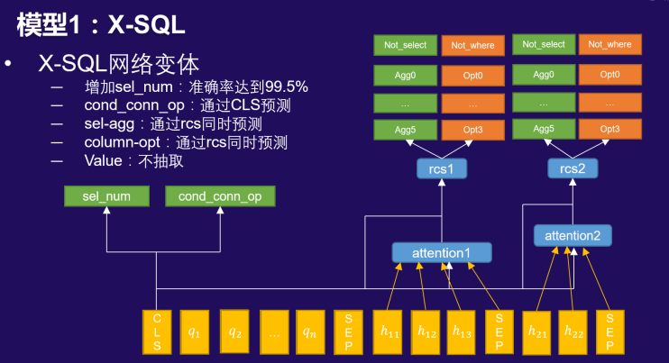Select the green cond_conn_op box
click(x=219, y=196)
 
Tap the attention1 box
click(x=442, y=253)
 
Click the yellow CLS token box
click(x=157, y=331)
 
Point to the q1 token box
click(x=196, y=331)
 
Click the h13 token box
click(x=462, y=331)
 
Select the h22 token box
click(x=574, y=331)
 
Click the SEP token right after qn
click(x=349, y=331)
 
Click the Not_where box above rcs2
click(x=609, y=44)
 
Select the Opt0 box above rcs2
click(x=609, y=74)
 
